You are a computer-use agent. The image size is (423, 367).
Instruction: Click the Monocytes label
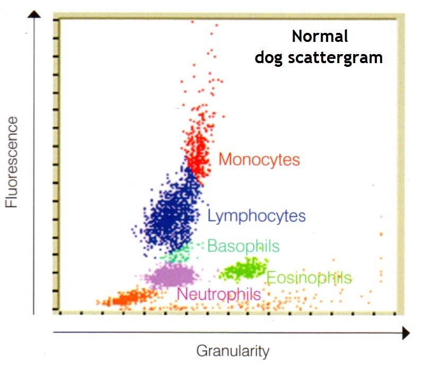259,160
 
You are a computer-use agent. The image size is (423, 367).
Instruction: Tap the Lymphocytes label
257,216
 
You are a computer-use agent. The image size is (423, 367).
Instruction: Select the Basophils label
243,246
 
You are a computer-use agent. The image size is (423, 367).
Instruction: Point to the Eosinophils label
309,277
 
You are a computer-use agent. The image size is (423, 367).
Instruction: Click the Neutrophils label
218,294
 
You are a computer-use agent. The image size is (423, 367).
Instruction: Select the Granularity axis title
233,351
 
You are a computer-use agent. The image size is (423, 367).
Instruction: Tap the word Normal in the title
320,37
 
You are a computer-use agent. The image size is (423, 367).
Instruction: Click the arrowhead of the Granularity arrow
406,333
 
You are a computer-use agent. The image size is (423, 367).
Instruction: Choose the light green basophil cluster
178,255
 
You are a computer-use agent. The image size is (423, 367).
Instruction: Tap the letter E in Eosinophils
270,277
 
